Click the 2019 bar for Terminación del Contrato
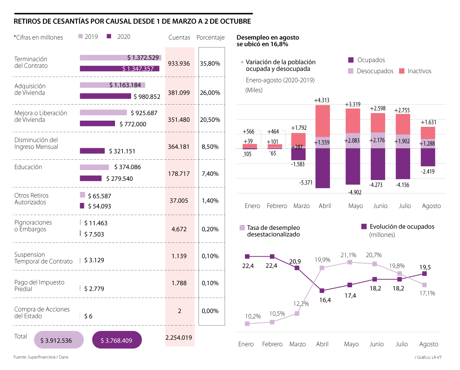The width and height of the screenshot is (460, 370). pos(120,57)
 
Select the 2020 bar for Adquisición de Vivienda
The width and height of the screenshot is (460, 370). pos(105,96)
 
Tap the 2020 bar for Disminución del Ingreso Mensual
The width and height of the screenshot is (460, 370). pos(92,151)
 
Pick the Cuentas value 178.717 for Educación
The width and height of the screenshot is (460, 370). pos(179,174)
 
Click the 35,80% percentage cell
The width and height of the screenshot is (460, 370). pos(210,64)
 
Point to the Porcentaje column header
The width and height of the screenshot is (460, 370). pos(210,38)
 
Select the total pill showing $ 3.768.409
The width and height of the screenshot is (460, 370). pos(117,340)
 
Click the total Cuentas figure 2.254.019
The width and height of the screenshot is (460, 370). pos(179,338)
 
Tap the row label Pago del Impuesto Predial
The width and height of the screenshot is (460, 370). pos(39,286)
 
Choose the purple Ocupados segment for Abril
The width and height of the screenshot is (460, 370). pos(323,168)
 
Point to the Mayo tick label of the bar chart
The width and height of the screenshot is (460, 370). pos(356,206)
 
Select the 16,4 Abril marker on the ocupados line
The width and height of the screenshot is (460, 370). pos(322,291)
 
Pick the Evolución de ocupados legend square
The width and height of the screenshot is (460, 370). pos(364,227)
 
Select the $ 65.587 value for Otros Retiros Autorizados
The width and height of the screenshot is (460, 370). pos(100,196)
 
